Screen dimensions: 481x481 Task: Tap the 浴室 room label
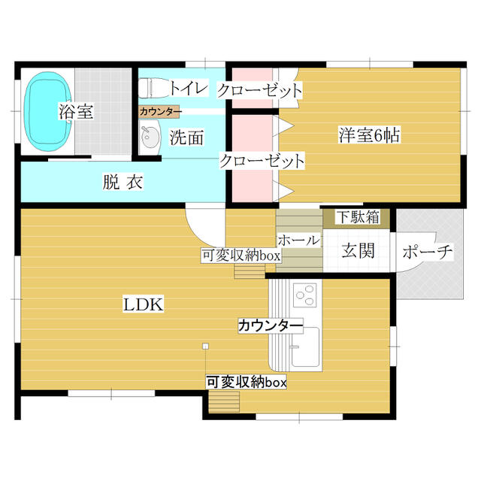pos(76,113)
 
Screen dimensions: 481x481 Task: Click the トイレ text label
pos(187,89)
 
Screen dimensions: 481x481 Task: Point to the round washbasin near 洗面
pos(150,138)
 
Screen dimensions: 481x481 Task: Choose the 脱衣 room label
pos(123,182)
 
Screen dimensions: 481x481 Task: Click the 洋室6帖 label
pos(368,136)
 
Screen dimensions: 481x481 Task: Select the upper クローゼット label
pos(260,91)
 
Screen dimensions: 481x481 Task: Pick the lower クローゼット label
pos(262,160)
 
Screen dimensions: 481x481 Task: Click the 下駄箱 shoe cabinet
pos(357,218)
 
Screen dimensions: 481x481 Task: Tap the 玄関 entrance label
pos(358,250)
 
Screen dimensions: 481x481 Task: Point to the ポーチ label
pos(427,252)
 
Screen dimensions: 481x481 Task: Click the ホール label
pos(298,240)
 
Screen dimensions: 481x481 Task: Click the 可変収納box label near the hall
pos(240,256)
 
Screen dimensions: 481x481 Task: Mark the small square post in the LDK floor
pos(205,346)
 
